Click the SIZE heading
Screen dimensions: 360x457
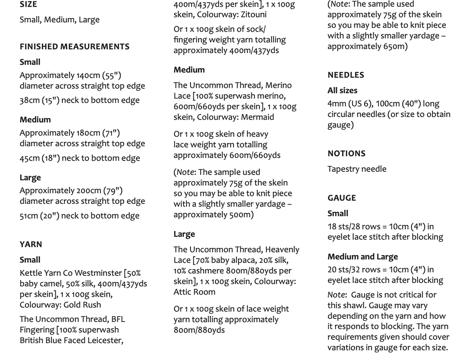[29, 4]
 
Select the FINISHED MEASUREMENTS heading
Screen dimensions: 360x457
[75, 46]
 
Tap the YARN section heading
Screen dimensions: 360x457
[31, 244]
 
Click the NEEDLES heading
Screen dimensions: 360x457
[345, 75]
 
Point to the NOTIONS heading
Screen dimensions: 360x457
[346, 153]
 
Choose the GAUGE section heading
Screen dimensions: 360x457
[341, 198]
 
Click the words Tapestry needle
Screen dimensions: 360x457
[357, 169]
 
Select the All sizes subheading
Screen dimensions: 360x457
[342, 90]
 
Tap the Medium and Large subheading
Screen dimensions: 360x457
[362, 257]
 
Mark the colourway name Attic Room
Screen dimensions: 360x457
[194, 292]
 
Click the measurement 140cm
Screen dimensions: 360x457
[89, 75]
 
